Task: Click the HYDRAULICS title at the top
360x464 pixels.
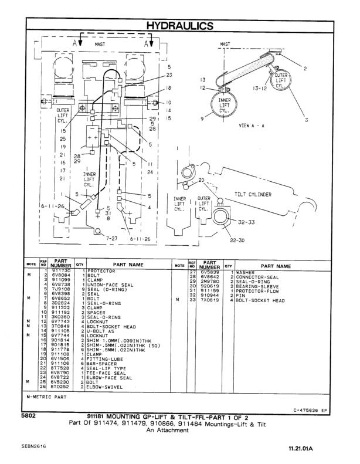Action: (x=179, y=26)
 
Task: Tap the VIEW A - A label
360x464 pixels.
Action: (x=253, y=126)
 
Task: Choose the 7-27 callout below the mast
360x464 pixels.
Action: (x=112, y=239)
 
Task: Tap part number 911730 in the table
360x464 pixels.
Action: (x=61, y=270)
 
